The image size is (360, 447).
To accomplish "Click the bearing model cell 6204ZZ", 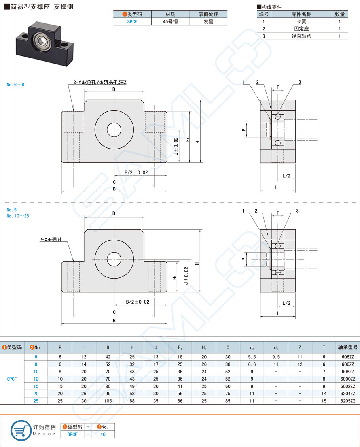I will tap(348, 393).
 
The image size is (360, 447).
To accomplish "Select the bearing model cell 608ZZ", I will tap(348, 372).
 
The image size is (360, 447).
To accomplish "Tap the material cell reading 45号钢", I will tap(170, 22).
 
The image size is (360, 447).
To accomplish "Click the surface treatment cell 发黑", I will tap(208, 22).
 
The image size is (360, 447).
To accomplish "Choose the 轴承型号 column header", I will tap(348, 347).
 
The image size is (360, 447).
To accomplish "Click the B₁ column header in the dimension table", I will tap(180, 347).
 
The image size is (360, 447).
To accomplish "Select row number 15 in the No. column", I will tap(36, 386).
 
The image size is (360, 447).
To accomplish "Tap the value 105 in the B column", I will tap(108, 401).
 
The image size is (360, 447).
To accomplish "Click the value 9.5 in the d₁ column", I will tap(276, 357).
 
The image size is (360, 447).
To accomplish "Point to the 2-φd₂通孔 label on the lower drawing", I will tap(53, 239).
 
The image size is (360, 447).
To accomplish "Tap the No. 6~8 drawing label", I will tap(15, 85).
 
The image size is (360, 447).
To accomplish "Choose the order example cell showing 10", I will tap(103, 434).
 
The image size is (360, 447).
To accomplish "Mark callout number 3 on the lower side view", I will tap(297, 211).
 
